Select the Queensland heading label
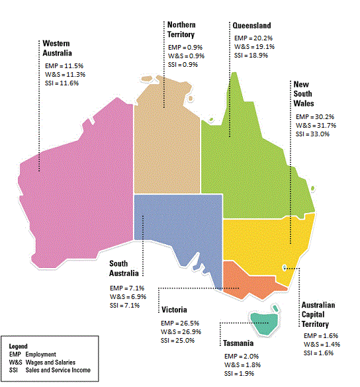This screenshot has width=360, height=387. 251,25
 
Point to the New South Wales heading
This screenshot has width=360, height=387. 304,95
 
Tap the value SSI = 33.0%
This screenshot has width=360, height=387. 312,134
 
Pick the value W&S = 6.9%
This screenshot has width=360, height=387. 128,296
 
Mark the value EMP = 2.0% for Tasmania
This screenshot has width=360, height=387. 241,356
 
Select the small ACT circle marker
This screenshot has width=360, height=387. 285,267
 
